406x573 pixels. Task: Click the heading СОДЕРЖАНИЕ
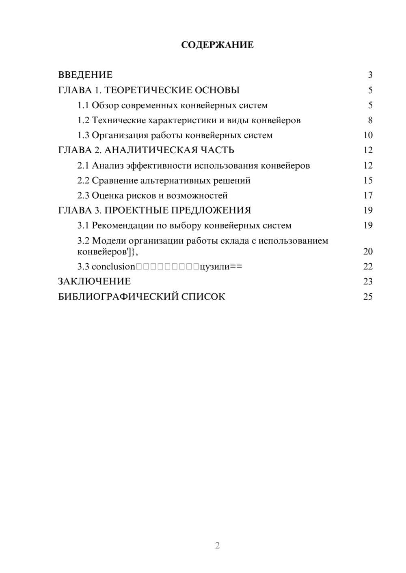tap(217, 45)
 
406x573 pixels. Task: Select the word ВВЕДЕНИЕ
tap(85, 75)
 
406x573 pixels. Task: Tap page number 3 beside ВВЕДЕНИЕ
tap(370, 75)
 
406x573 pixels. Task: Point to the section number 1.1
tap(83, 105)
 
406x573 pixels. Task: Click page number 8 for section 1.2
tap(370, 120)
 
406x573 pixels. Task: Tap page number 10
tap(368, 135)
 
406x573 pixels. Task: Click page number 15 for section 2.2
tap(368, 180)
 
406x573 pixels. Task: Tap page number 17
tap(368, 195)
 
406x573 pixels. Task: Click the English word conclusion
tap(113, 267)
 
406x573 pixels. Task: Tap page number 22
tap(368, 267)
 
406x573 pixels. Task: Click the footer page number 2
tap(217, 545)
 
